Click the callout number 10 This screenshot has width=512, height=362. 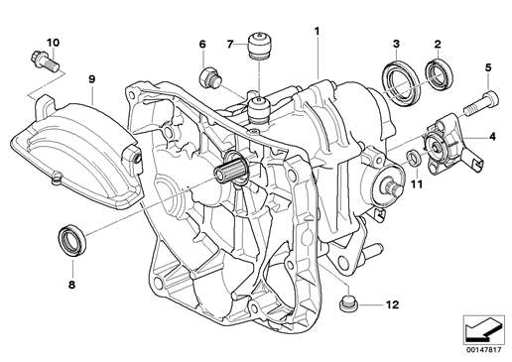(x=53, y=43)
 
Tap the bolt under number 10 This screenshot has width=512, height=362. (x=46, y=60)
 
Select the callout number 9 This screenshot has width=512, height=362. (x=91, y=79)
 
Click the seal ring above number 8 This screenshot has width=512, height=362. (x=72, y=239)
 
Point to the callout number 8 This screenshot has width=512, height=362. (x=71, y=285)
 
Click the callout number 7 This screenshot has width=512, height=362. (x=230, y=44)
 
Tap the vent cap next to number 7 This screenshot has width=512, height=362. (x=259, y=46)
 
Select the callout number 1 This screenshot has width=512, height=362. (x=317, y=32)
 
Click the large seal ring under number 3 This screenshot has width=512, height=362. (x=401, y=82)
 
